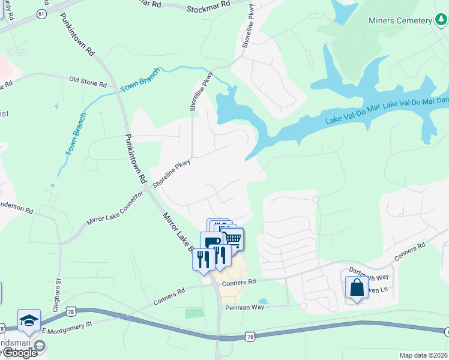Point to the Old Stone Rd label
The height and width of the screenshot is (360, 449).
(x=88, y=79)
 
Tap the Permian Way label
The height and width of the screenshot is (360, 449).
(x=244, y=307)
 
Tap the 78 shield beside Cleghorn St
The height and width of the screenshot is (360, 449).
(x=71, y=313)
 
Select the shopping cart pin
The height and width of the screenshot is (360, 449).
(x=232, y=240)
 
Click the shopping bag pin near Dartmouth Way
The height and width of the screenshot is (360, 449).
(x=357, y=287)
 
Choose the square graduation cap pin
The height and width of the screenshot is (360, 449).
(x=29, y=320)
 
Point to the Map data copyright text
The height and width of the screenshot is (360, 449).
(x=424, y=355)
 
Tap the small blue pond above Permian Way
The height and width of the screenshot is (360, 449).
(x=262, y=301)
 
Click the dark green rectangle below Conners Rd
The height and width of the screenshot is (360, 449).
(x=194, y=313)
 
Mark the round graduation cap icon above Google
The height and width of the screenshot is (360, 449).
(x=40, y=346)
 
